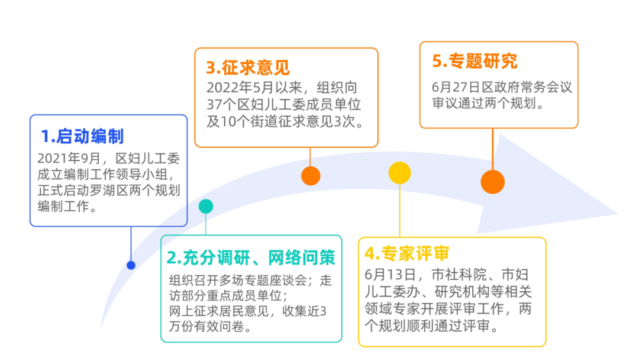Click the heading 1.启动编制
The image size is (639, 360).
82,136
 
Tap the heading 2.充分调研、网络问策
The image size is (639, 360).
251,257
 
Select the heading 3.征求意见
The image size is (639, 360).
248,67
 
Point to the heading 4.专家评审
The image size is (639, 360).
407,253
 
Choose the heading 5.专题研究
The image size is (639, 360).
475,61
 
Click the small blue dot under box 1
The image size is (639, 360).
131,265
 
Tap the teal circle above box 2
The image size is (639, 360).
206,206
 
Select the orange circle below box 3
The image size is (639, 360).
311,175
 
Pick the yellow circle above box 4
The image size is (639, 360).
399,172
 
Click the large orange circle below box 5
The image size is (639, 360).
492,182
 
